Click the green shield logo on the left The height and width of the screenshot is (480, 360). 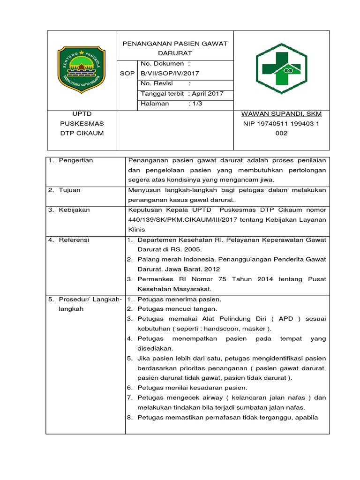point(81,70)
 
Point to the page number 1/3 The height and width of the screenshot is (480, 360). point(195,104)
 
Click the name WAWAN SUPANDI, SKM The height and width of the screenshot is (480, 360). point(281,114)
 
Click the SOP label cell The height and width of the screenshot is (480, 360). point(127,73)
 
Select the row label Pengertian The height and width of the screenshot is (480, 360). point(75,160)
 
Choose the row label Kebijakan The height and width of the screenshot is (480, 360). point(74,210)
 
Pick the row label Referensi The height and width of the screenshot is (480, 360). point(74,240)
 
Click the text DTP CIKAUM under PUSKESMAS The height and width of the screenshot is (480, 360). point(81,133)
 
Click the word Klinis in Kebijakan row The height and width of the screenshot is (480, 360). point(137,230)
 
